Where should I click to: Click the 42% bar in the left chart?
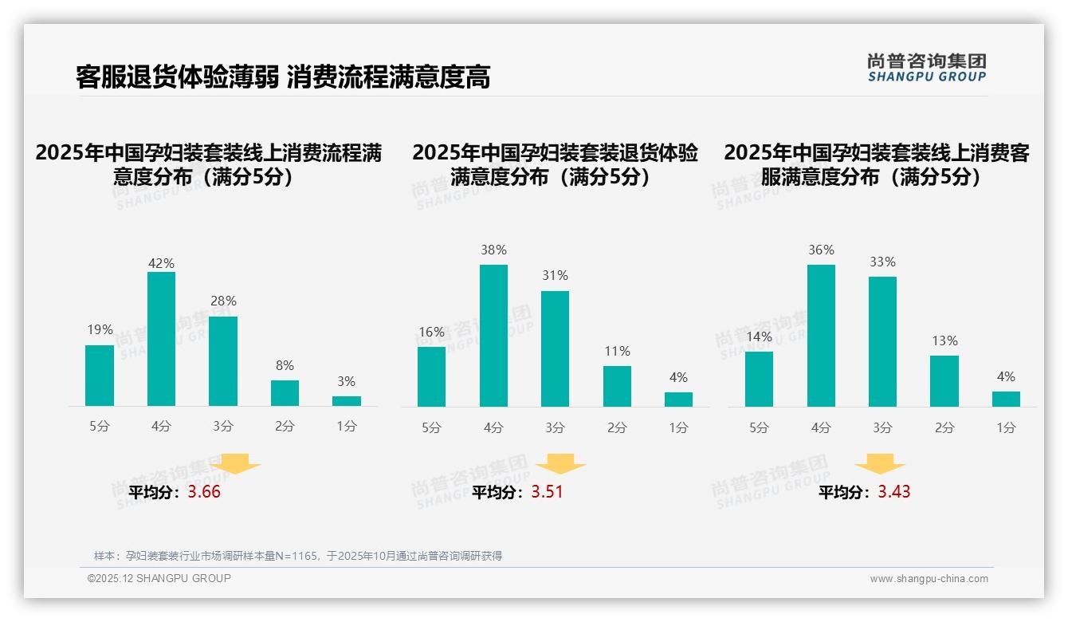[161, 339]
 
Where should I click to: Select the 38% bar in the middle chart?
[493, 336]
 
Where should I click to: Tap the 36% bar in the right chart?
[821, 336]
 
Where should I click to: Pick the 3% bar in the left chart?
[347, 401]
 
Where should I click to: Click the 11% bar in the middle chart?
[617, 387]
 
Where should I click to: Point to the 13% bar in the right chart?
[944, 381]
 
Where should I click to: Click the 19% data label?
[100, 330]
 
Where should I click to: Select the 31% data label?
[555, 276]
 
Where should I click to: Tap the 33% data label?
[882, 262]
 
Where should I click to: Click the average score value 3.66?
[204, 492]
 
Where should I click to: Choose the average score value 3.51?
[547, 492]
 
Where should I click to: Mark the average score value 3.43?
[894, 492]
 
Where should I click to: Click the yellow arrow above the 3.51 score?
[560, 465]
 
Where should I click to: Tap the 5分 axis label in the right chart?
[759, 428]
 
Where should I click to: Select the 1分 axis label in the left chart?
[347, 427]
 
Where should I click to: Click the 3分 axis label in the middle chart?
[555, 428]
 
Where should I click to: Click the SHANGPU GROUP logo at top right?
[926, 68]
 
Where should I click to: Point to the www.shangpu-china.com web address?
[929, 579]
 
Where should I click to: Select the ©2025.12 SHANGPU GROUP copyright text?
[159, 578]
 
